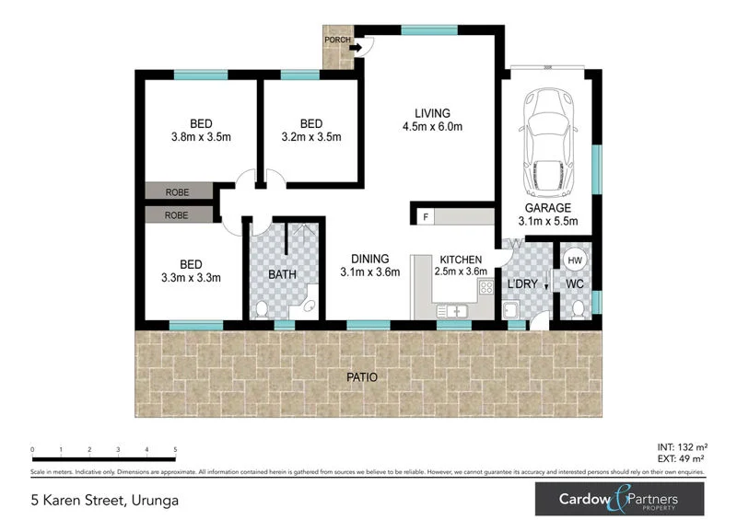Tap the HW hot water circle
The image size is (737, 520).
[573, 260]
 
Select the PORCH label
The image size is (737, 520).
[336, 40]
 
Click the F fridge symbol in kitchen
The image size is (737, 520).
[426, 217]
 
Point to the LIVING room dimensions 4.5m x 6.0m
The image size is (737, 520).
[431, 128]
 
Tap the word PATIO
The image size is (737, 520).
[361, 377]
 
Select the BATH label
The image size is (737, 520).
[281, 274]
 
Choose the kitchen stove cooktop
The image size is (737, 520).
[485, 290]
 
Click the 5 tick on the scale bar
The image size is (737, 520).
[175, 450]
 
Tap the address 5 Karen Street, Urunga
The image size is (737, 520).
[104, 502]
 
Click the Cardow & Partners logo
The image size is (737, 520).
[619, 500]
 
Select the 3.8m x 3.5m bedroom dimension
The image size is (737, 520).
[200, 137]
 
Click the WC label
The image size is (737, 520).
[575, 283]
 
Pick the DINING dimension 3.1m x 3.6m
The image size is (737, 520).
[369, 272]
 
